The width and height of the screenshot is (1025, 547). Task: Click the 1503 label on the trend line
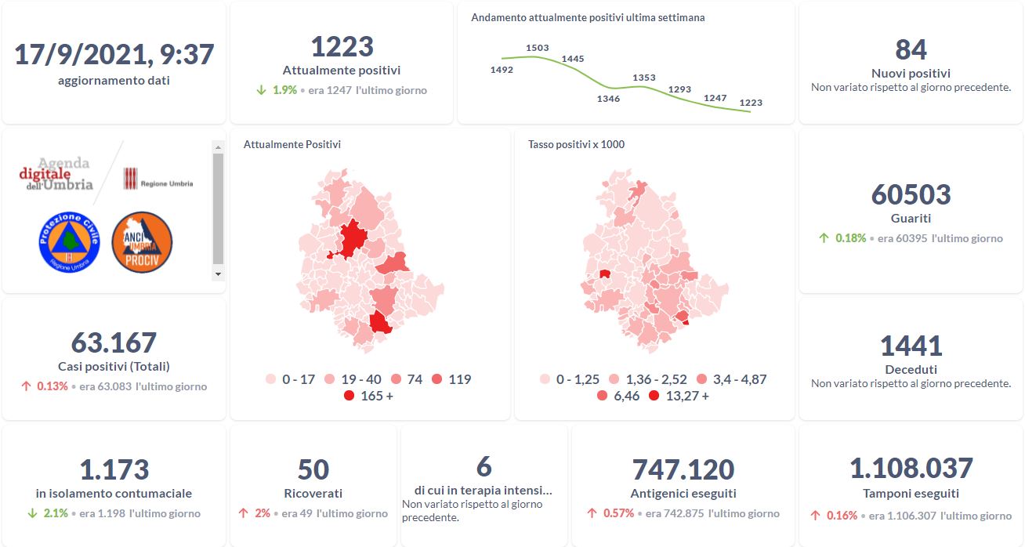(x=538, y=48)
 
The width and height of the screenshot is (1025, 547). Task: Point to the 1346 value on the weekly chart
(x=608, y=99)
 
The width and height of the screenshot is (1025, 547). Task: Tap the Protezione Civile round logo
(x=70, y=243)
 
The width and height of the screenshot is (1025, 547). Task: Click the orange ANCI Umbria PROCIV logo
(x=142, y=243)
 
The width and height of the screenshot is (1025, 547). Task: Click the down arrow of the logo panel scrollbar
(x=218, y=274)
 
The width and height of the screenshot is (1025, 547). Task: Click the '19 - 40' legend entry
(x=346, y=379)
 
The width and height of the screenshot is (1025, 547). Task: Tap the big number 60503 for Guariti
(x=911, y=194)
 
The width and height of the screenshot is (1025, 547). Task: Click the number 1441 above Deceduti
(x=911, y=346)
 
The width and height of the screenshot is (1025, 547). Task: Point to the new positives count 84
(x=911, y=50)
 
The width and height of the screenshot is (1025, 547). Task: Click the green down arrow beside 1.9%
(x=262, y=90)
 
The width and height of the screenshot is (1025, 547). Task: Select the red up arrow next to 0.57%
(x=593, y=513)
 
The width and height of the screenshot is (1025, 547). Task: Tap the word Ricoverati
(x=313, y=494)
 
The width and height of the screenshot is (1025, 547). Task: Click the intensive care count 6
(x=484, y=467)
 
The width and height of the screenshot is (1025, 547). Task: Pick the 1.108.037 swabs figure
(x=911, y=469)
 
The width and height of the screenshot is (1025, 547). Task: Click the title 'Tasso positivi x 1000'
(x=576, y=144)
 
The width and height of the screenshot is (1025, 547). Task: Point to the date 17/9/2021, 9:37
(x=114, y=55)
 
